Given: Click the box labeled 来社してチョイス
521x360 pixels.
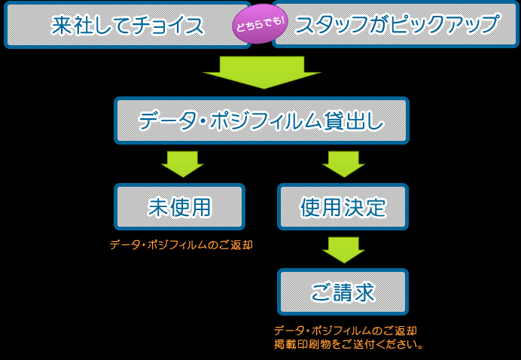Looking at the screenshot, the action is click(x=127, y=26).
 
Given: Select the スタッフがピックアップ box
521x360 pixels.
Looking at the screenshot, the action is click(x=395, y=25).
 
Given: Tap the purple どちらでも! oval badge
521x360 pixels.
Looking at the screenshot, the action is click(x=261, y=24).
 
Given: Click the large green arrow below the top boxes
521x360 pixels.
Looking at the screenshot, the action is click(x=262, y=72).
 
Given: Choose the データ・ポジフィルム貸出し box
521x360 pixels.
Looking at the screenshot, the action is click(x=261, y=121).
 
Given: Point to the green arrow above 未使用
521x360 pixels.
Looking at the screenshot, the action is click(x=182, y=164).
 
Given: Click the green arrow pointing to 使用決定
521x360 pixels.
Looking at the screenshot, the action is click(x=343, y=164).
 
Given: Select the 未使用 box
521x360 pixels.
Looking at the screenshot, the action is click(x=179, y=206).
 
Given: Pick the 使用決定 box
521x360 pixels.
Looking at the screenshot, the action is click(x=343, y=206).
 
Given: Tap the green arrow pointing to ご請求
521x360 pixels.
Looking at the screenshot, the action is click(x=343, y=250).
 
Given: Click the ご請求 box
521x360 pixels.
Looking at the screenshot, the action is click(x=343, y=292).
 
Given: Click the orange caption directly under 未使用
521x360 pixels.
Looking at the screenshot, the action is click(x=181, y=245).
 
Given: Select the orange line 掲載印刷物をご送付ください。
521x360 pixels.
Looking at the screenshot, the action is click(x=349, y=344).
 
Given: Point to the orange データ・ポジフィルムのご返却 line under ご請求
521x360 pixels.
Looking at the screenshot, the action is click(x=346, y=331).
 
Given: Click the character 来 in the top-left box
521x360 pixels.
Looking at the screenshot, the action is click(x=62, y=26).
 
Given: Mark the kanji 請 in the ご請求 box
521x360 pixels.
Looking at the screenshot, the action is click(x=343, y=292).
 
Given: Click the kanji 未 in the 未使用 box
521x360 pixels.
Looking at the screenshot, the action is click(x=158, y=207).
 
